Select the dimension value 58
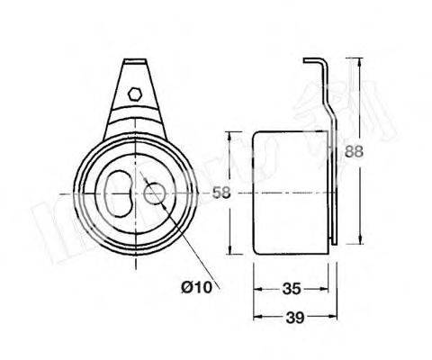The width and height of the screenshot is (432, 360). click(232, 192)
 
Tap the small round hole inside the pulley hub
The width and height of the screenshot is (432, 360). click(154, 191)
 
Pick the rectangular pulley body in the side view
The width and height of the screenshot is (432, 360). click(290, 192)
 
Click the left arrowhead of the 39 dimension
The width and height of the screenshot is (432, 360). click(256, 316)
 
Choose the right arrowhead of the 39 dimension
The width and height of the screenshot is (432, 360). click(335, 316)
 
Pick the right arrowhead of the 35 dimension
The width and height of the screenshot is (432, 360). click(326, 290)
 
